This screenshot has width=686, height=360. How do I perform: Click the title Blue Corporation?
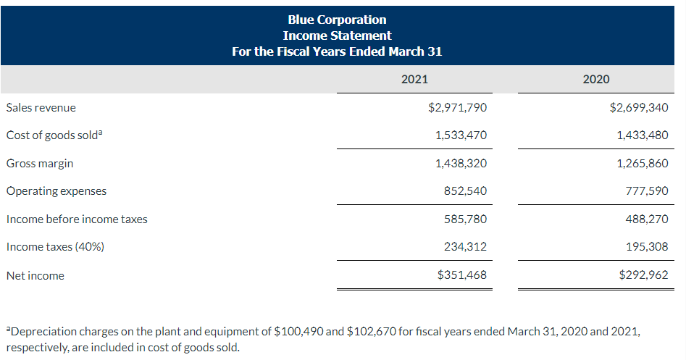tap(337, 20)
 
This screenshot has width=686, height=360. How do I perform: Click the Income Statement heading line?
tap(337, 35)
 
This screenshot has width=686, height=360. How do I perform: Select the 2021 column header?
tap(414, 79)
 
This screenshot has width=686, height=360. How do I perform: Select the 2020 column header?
tap(595, 79)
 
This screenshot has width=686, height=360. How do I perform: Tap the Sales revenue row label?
tap(41, 108)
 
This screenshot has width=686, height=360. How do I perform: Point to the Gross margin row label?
tap(40, 164)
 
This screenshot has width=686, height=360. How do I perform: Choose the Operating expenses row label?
tap(56, 191)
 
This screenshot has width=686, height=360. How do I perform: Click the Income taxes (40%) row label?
tap(55, 247)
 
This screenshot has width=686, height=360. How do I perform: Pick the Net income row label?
tap(35, 275)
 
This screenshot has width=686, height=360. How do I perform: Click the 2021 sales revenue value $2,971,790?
tap(458, 108)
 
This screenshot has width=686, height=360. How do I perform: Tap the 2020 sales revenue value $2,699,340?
tap(639, 108)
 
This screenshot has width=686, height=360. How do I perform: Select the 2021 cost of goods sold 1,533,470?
tap(461, 135)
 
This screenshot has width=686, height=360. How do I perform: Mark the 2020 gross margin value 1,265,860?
tap(643, 164)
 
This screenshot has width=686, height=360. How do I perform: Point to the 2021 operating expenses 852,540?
tap(465, 191)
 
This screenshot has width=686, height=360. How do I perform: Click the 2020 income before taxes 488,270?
tap(646, 219)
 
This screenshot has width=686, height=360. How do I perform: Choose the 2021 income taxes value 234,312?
tap(465, 247)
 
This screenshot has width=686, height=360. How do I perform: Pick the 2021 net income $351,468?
tap(462, 275)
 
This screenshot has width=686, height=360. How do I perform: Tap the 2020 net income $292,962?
tap(643, 275)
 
